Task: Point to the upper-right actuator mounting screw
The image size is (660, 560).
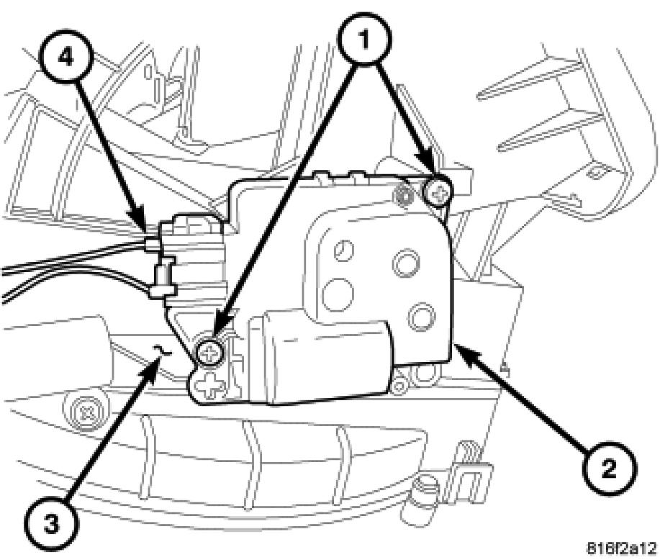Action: pos(436,191)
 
